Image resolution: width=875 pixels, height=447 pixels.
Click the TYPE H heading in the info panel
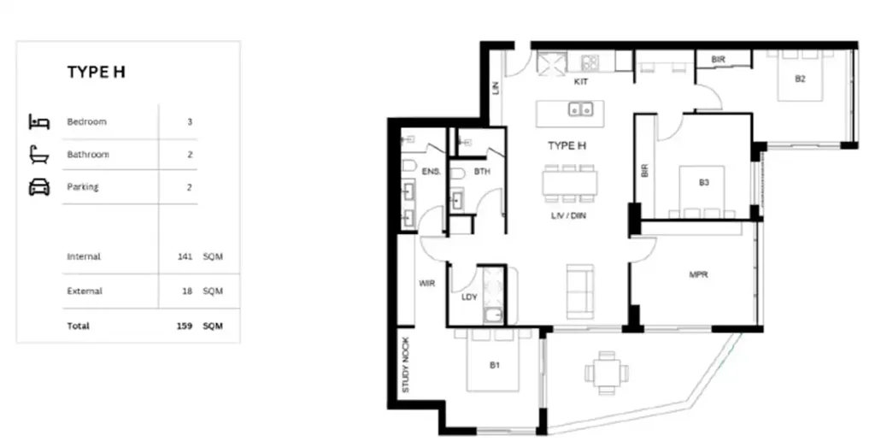click(96, 73)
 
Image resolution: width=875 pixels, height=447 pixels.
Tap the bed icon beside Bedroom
click(39, 122)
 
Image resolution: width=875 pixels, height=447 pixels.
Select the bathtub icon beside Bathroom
click(39, 155)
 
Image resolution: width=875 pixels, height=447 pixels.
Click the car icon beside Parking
click(39, 187)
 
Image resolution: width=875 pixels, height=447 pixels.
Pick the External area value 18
click(187, 291)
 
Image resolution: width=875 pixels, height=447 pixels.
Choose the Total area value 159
click(184, 326)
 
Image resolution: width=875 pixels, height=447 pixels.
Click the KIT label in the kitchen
click(581, 83)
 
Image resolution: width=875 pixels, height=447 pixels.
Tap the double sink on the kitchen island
click(582, 109)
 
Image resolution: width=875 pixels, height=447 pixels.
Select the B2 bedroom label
click(801, 79)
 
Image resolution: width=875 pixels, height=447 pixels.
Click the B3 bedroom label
click(704, 182)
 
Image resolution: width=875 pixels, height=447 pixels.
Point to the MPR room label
click(699, 275)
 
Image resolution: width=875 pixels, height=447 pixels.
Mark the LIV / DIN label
click(567, 216)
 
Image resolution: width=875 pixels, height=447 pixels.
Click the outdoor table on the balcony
click(606, 373)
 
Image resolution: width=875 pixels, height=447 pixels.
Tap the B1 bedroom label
click(494, 366)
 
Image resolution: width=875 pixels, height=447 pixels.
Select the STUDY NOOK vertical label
click(406, 365)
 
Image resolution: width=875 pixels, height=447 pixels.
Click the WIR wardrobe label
click(427, 283)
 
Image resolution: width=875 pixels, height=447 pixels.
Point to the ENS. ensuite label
click(432, 172)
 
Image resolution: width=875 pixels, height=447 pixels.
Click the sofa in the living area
click(580, 291)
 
